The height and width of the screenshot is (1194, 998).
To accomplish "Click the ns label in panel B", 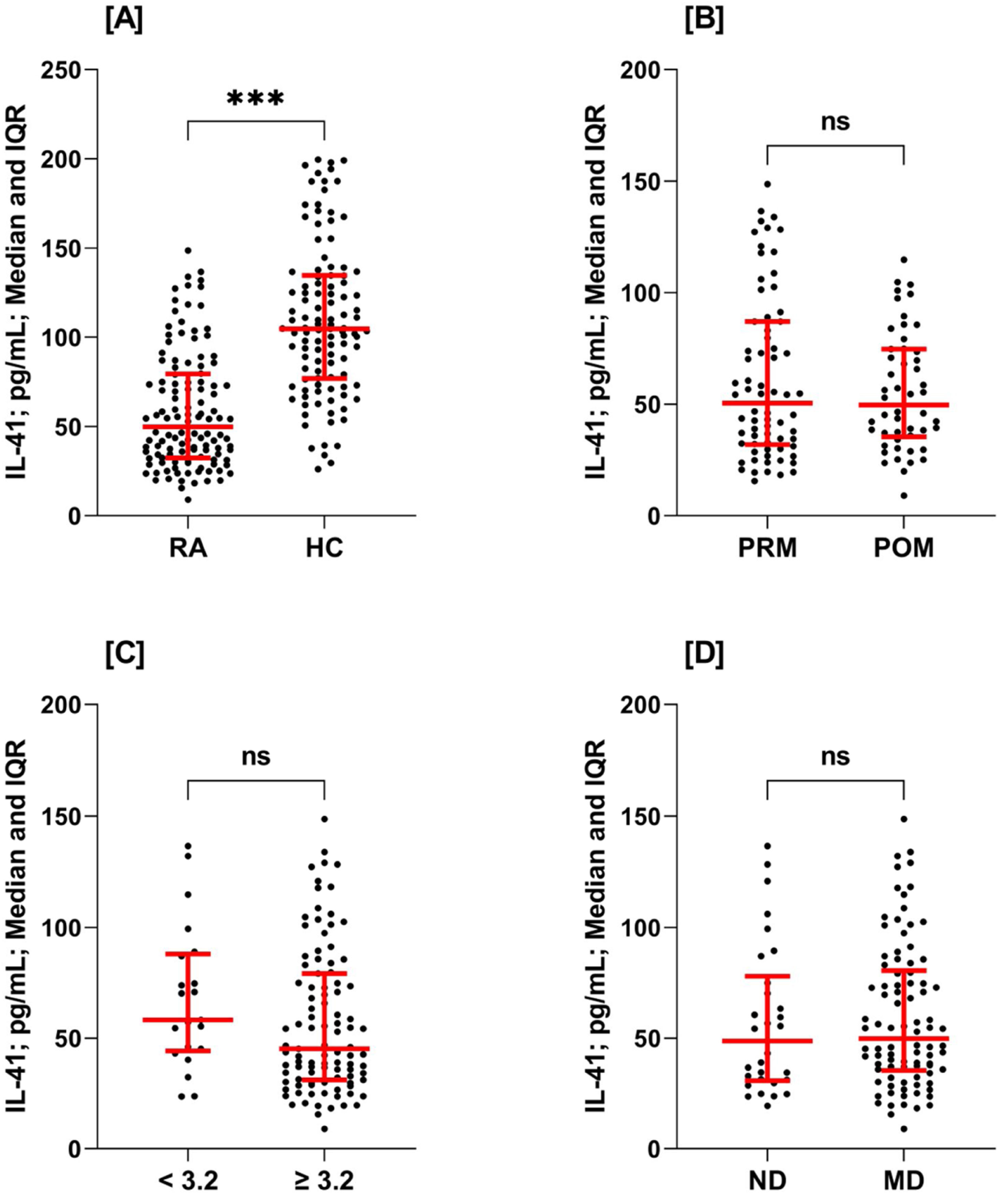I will (x=835, y=122).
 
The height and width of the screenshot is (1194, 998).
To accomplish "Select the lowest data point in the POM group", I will (x=903, y=495).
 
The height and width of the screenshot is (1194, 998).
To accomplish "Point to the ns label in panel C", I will (x=255, y=756).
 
